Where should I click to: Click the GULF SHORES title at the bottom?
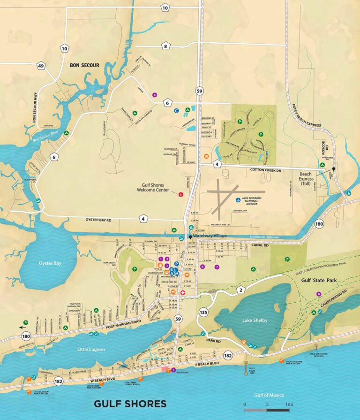click(130, 404)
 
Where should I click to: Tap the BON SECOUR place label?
click(84, 65)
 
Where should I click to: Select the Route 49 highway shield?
click(41, 66)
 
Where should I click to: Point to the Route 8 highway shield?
click(165, 46)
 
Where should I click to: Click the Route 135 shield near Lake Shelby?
click(203, 312)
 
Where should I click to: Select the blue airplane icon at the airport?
click(239, 199)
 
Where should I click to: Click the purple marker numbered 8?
click(319, 294)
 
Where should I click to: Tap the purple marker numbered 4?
click(154, 95)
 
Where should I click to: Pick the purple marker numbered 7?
click(217, 267)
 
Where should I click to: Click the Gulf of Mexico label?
click(267, 395)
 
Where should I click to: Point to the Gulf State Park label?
click(319, 280)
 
